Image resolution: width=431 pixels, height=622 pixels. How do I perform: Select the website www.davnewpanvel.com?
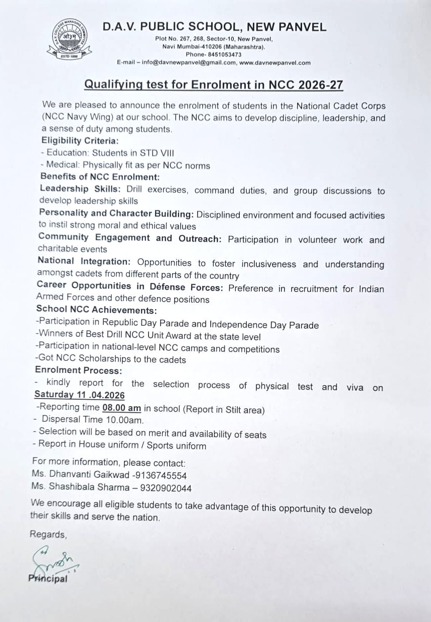click(x=275, y=63)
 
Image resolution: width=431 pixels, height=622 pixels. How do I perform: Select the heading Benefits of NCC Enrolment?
click(x=100, y=177)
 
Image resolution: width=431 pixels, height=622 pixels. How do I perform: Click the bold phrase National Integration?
click(x=84, y=262)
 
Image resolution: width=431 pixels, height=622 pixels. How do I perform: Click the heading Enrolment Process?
click(x=78, y=370)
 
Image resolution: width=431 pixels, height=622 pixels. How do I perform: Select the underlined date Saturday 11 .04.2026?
click(x=79, y=396)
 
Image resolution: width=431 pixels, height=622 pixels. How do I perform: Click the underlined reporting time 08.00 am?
click(x=121, y=409)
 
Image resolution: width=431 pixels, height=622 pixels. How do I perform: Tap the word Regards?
click(x=48, y=534)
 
